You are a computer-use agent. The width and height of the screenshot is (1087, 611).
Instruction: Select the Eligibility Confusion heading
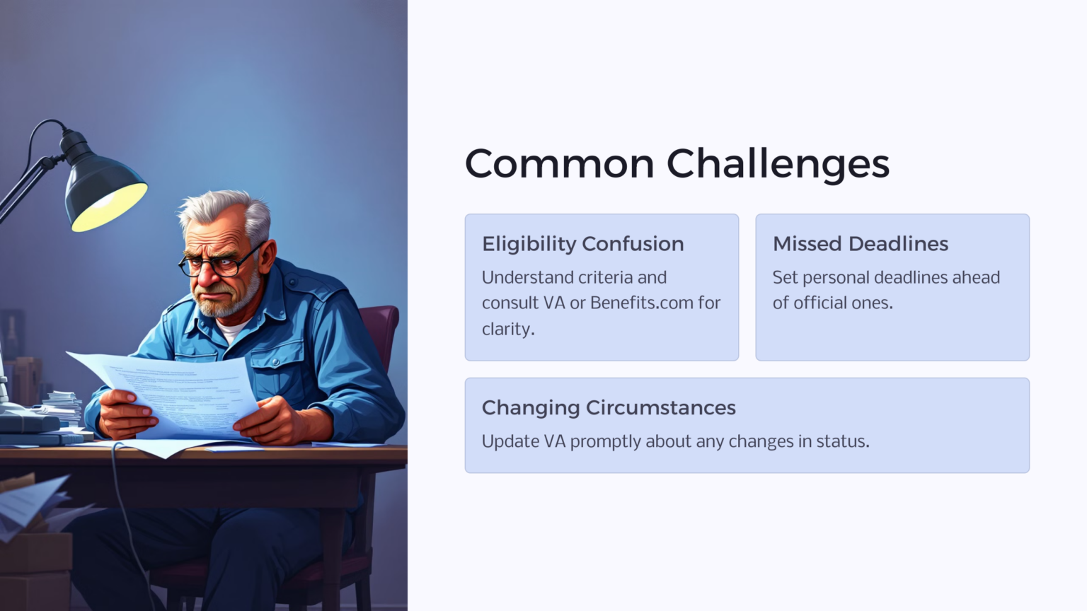click(582, 243)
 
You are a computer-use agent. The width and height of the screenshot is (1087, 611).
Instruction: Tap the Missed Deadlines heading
click(860, 243)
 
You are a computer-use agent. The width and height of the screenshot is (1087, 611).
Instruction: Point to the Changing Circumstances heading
click(609, 407)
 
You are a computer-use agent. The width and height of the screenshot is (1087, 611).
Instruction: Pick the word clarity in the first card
click(507, 329)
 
